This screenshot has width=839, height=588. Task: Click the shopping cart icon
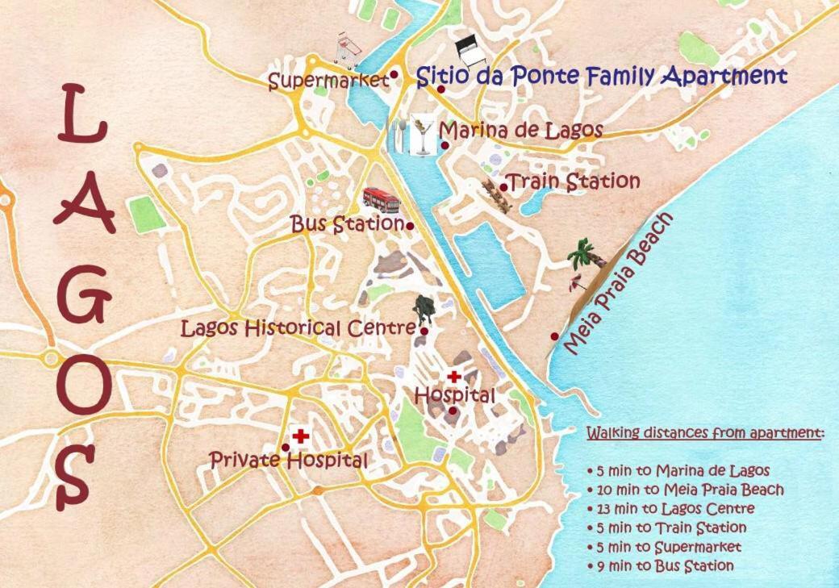click(x=348, y=48)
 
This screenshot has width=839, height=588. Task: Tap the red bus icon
click(x=382, y=198)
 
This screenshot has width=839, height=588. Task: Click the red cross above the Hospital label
click(x=454, y=377)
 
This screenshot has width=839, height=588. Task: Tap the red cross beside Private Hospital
click(x=301, y=436)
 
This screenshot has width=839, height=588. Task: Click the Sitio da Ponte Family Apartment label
click(x=601, y=77)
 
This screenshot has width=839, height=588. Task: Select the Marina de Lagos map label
click(x=520, y=130)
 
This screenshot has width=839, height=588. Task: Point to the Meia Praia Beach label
click(x=618, y=285)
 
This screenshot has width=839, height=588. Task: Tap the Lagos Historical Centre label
click(x=298, y=328)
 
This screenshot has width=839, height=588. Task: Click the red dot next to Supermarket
click(x=394, y=74)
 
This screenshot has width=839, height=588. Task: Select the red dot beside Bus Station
click(x=410, y=226)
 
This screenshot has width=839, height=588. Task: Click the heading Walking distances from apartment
click(x=705, y=433)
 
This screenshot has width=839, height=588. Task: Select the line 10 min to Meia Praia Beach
click(x=686, y=490)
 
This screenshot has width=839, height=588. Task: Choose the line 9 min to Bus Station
click(x=661, y=566)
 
